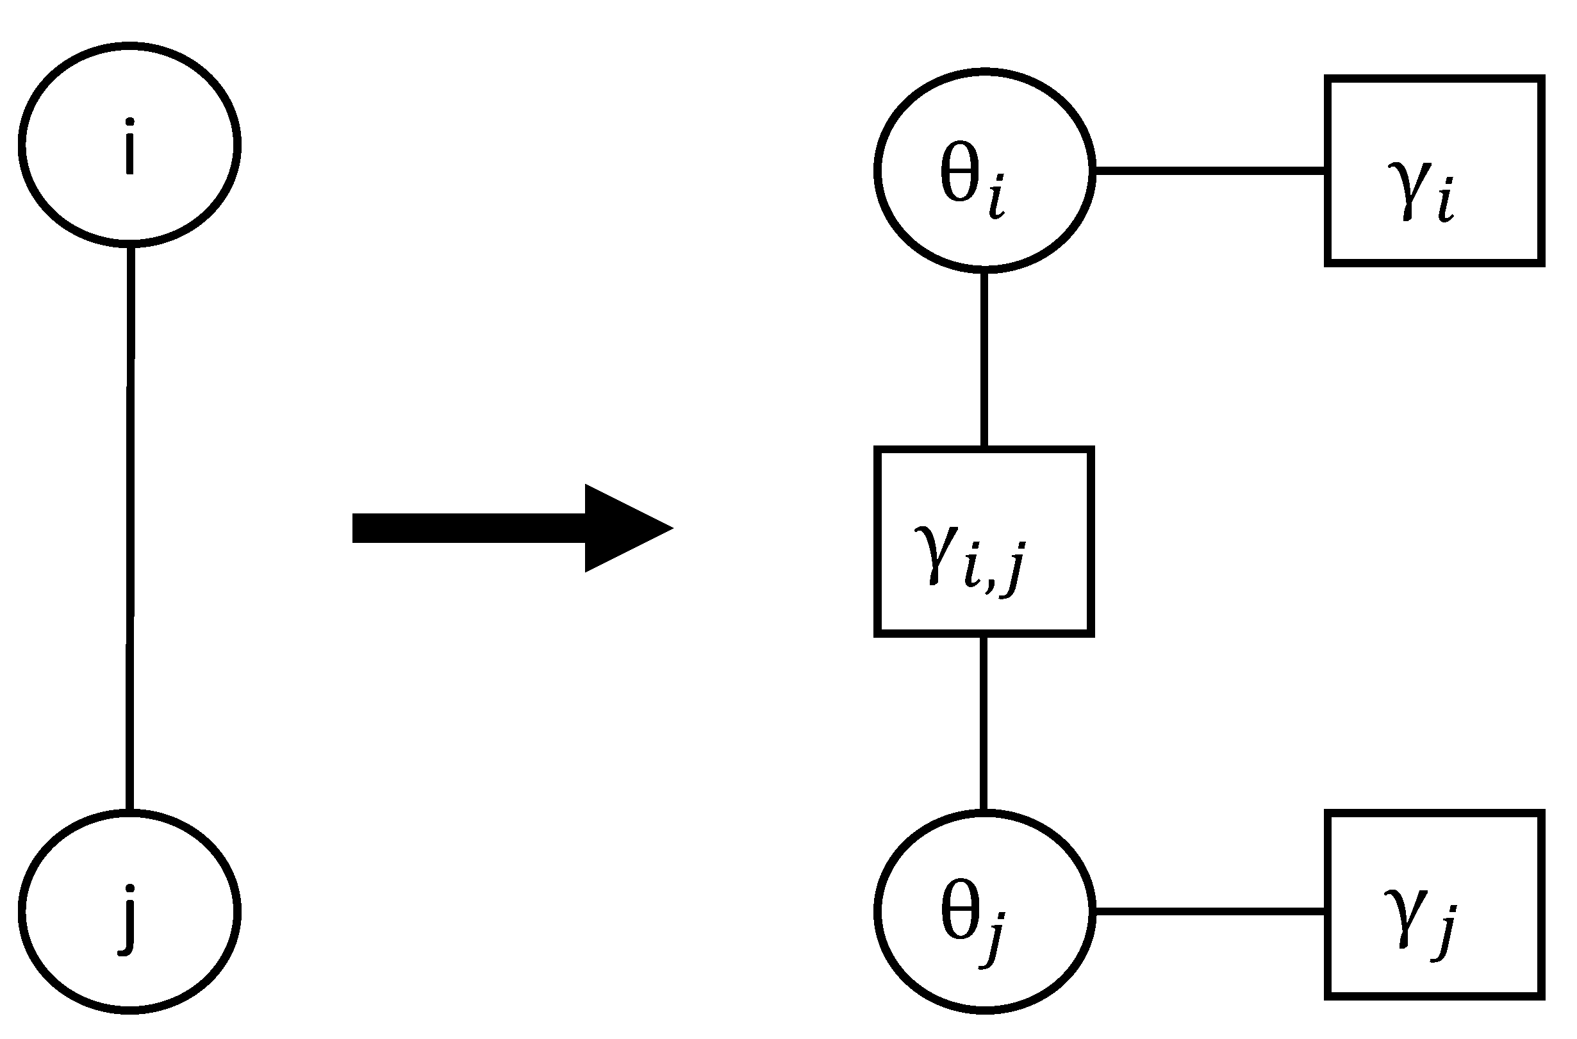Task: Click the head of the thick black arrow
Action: click(x=623, y=528)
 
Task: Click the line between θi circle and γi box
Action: click(x=1209, y=171)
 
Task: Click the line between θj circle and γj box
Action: click(x=1209, y=913)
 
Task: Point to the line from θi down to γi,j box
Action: click(x=984, y=360)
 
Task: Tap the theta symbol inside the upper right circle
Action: click(x=959, y=173)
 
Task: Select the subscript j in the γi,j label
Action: click(x=1013, y=570)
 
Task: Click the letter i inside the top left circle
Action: click(x=130, y=147)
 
